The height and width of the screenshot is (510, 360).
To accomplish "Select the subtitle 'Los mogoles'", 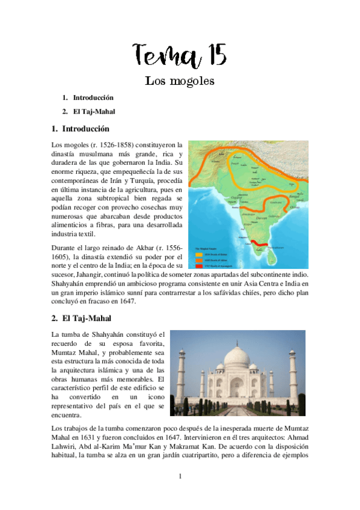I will (180, 81).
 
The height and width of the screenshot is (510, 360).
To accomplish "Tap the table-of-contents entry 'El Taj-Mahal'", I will (94, 111).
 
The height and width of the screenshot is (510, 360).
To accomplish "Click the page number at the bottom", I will (180, 476).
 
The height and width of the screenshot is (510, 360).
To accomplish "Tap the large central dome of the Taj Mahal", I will (236, 359).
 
